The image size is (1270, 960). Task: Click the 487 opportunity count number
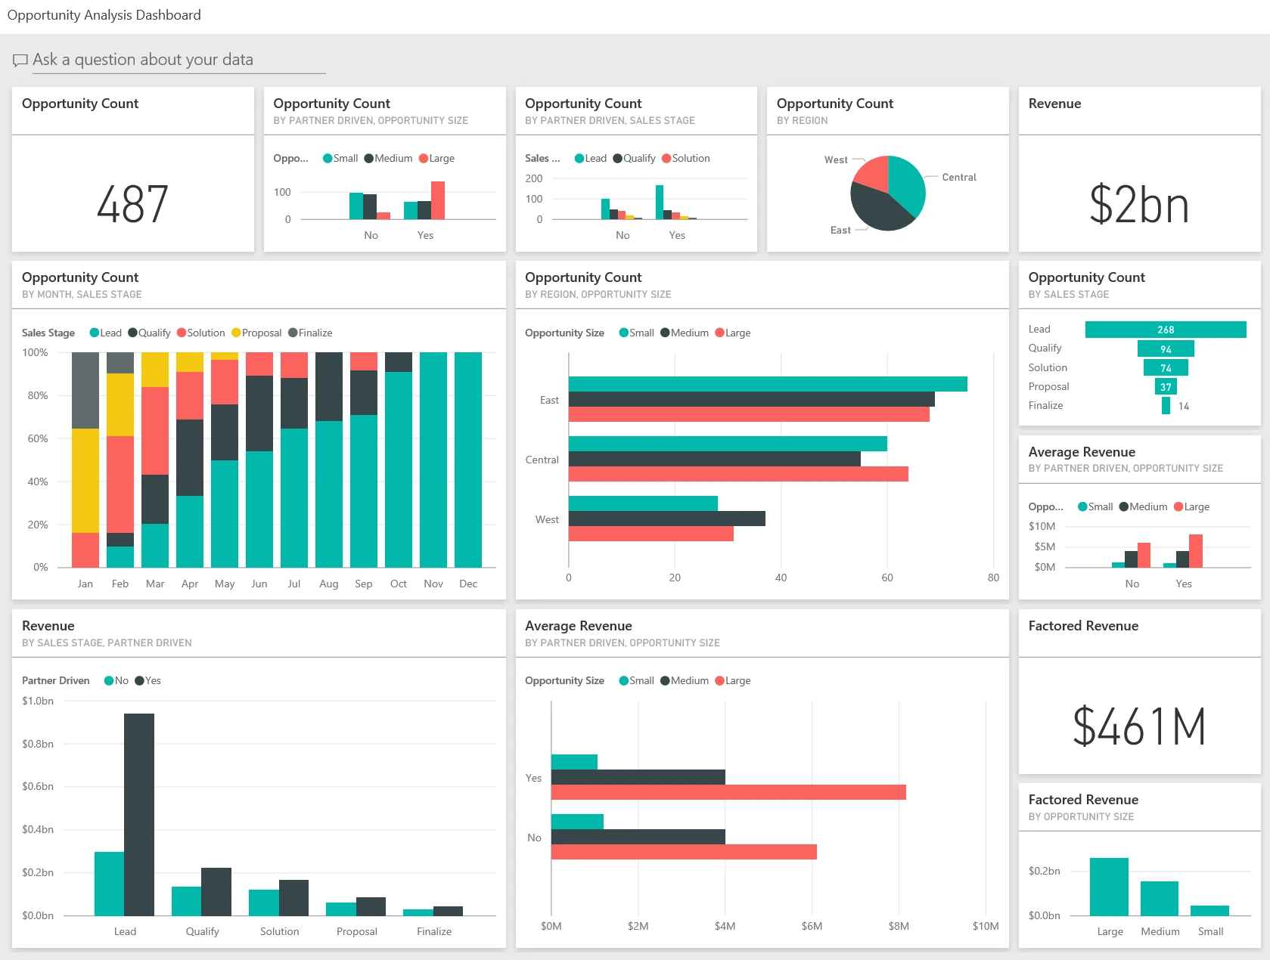[x=132, y=205]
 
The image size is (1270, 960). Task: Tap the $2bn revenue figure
[x=1138, y=205]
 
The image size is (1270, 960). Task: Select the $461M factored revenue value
[x=1138, y=726]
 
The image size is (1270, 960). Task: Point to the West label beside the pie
[x=836, y=160]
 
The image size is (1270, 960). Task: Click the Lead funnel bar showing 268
[x=1165, y=330]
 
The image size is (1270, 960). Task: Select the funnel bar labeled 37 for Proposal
[x=1166, y=387]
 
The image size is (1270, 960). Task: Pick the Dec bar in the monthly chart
[x=468, y=460]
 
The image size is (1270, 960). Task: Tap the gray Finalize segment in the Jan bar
[x=85, y=390]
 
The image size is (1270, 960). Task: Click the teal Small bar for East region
[x=767, y=384]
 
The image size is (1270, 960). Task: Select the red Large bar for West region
[x=651, y=534]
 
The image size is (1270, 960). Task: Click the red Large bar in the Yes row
[x=728, y=792]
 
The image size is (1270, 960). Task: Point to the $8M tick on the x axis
[x=899, y=926]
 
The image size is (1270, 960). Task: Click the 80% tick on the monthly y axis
[x=37, y=395]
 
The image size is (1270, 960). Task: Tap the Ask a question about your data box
[x=170, y=60]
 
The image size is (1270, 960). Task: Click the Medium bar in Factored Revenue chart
[x=1160, y=898]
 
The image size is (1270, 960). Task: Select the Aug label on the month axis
[x=328, y=584]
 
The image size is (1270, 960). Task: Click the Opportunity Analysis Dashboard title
[x=104, y=15]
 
